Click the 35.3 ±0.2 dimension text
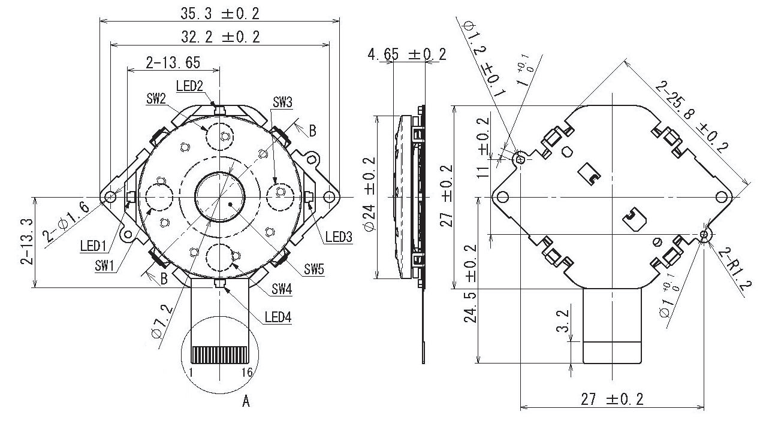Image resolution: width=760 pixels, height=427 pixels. [220, 13]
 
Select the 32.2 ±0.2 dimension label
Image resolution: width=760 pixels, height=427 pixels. [220, 37]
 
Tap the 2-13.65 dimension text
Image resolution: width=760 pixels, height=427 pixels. [173, 62]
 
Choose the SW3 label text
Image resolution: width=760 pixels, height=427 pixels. [282, 102]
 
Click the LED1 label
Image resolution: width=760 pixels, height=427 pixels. [93, 245]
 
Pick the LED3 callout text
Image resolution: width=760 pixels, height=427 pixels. [338, 237]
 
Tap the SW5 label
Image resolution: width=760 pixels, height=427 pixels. [313, 269]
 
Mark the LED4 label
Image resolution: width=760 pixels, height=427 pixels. [278, 317]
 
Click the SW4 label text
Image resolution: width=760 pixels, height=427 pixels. [282, 289]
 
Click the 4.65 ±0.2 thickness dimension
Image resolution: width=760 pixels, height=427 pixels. [407, 54]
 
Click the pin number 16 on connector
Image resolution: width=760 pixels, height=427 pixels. [246, 373]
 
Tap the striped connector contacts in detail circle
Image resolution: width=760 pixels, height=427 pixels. [220, 355]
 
